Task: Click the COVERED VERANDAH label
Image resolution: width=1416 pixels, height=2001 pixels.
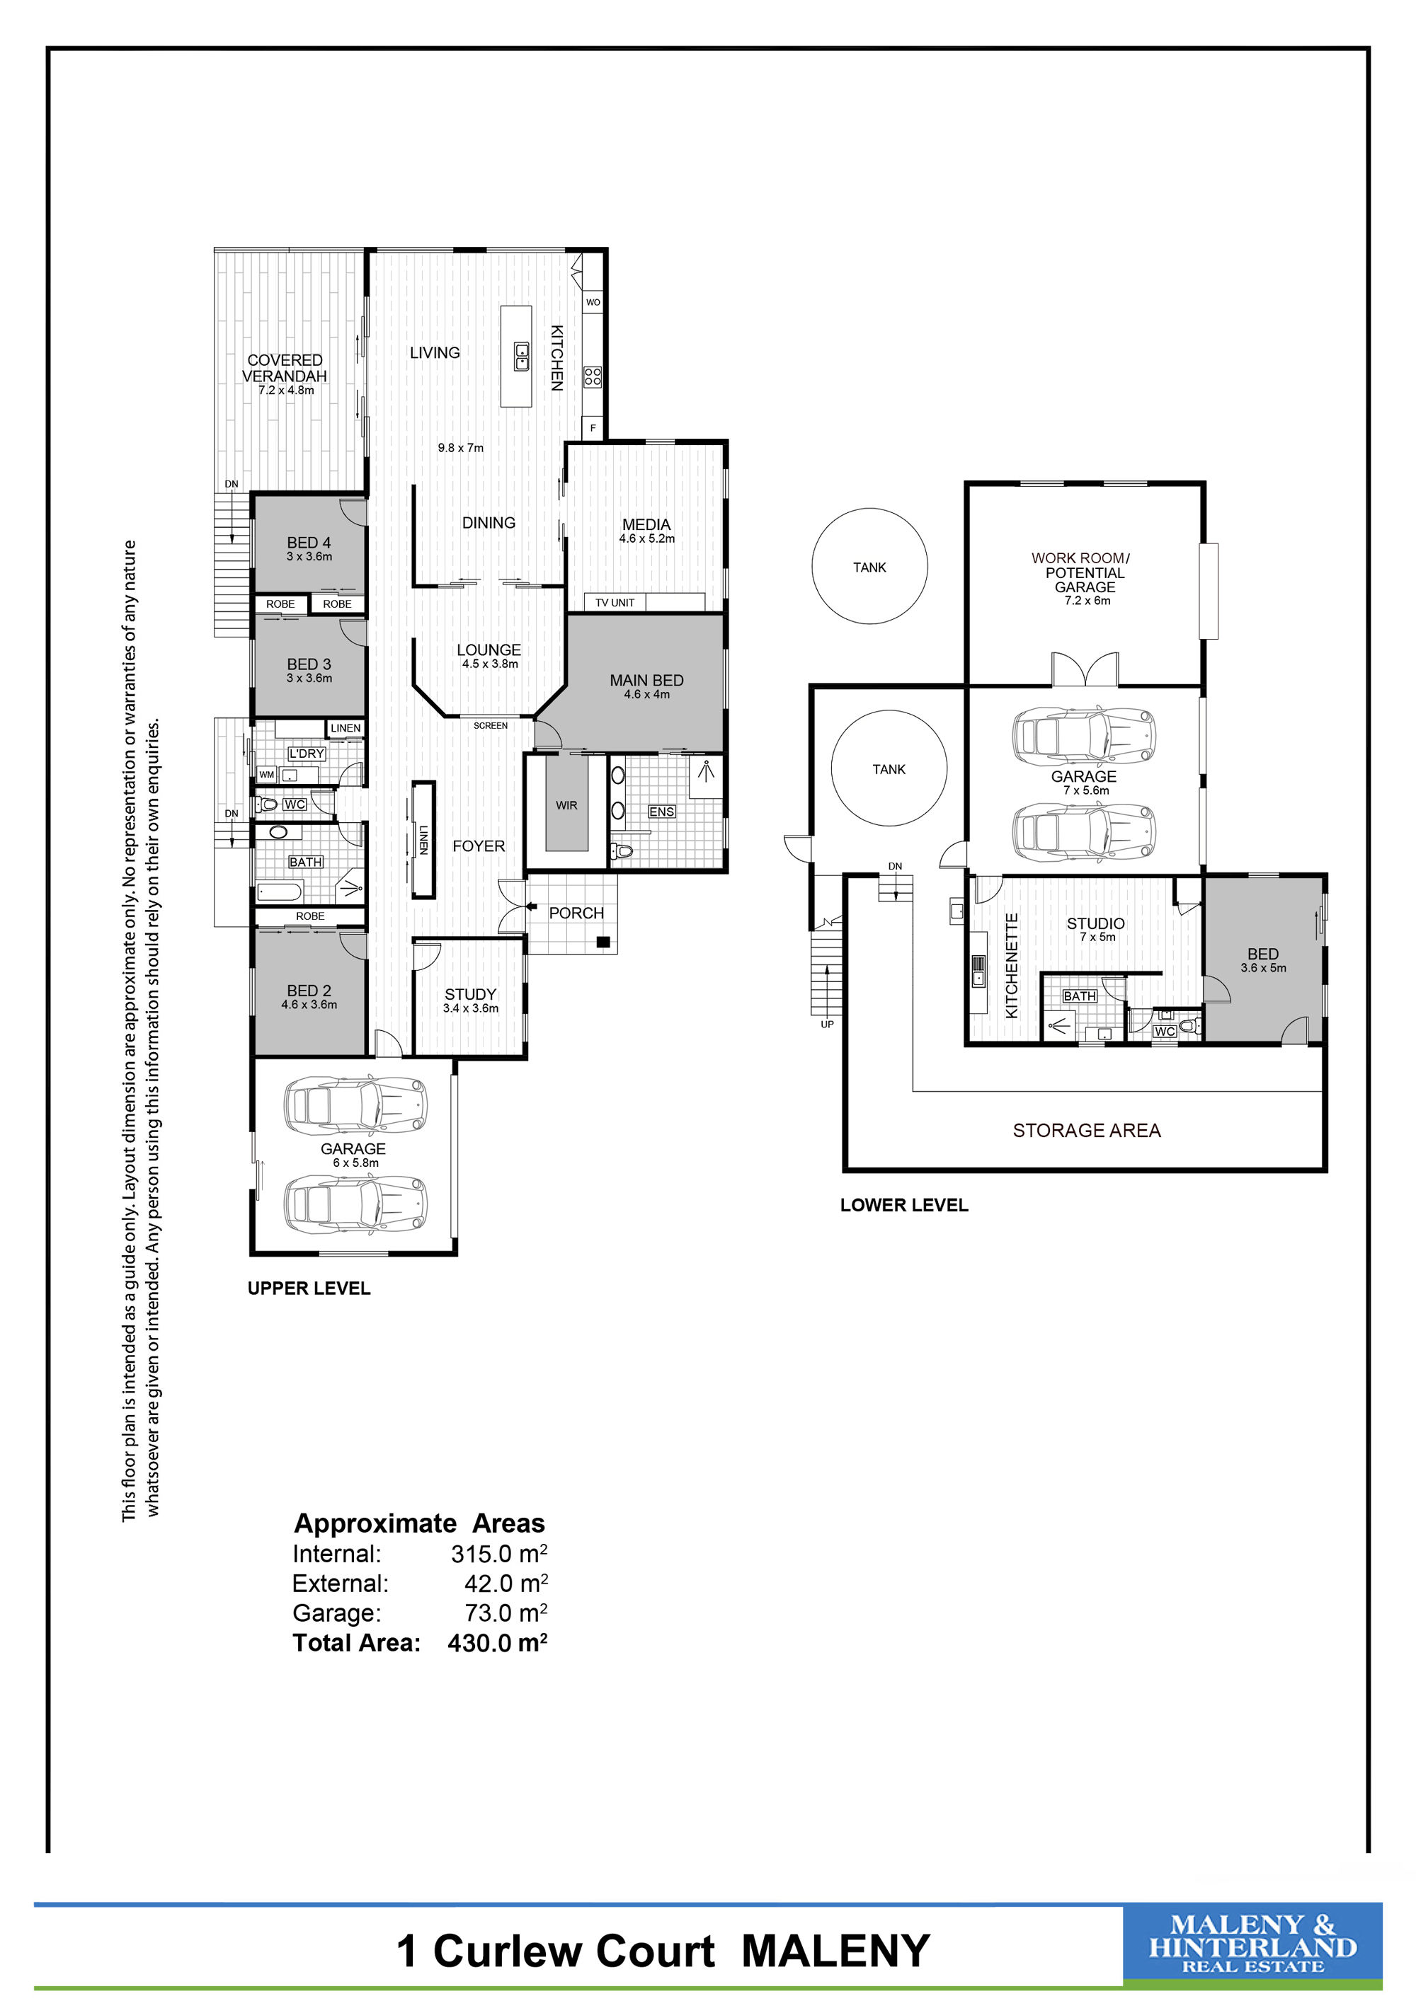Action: tap(284, 368)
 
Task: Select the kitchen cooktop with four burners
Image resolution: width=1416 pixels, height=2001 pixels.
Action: tap(593, 376)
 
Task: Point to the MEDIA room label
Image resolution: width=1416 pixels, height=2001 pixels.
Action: tap(646, 524)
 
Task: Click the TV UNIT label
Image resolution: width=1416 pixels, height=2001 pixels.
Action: tap(615, 603)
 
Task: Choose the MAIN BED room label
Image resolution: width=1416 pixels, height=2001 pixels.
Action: tap(646, 681)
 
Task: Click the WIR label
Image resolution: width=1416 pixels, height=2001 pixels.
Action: tap(566, 805)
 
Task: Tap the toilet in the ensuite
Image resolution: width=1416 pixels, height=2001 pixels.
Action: tap(622, 850)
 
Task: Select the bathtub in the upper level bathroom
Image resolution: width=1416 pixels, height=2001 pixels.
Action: tap(280, 892)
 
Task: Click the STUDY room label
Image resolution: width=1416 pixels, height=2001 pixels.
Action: tap(470, 994)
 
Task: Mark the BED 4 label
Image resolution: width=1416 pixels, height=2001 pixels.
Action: tap(309, 543)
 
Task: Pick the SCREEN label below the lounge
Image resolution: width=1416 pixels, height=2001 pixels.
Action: tap(490, 725)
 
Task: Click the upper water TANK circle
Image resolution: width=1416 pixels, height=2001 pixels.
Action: tap(869, 567)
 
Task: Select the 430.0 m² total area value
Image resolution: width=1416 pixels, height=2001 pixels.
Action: tap(497, 1643)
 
